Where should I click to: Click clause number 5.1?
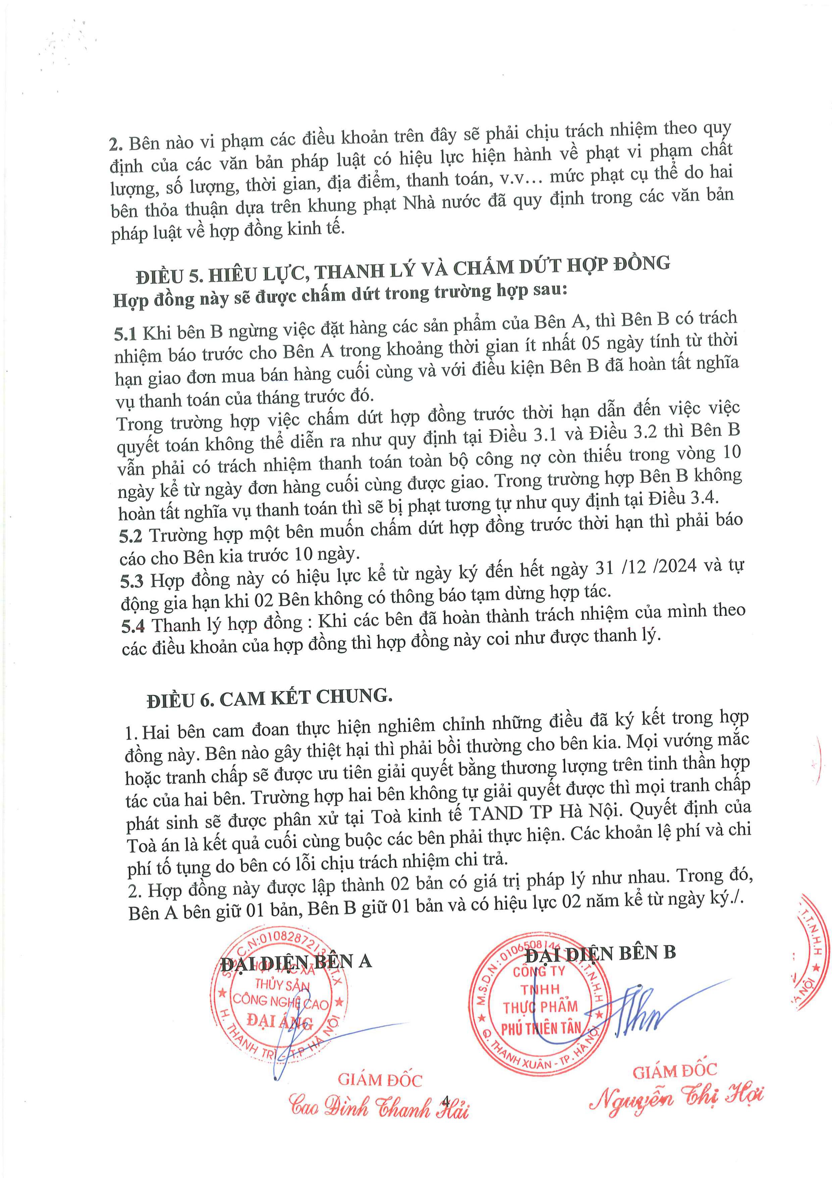pos(125,334)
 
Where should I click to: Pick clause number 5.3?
pos(132,581)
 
